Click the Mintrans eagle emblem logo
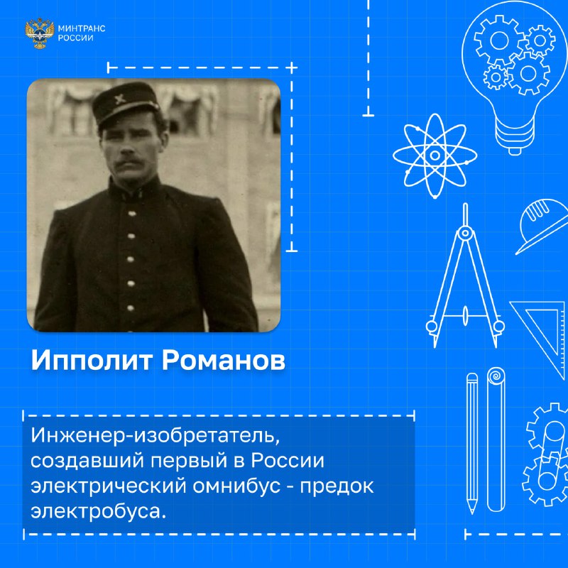40,33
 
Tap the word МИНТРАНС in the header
82,28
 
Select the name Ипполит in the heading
92,361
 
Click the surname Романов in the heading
223,361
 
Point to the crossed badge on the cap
119,99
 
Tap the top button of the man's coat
133,214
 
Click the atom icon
435,155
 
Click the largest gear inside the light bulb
500,40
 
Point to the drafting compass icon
465,275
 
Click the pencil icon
472,443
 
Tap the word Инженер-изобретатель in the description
155,435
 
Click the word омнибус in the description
236,486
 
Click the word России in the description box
288,461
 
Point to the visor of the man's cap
128,111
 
